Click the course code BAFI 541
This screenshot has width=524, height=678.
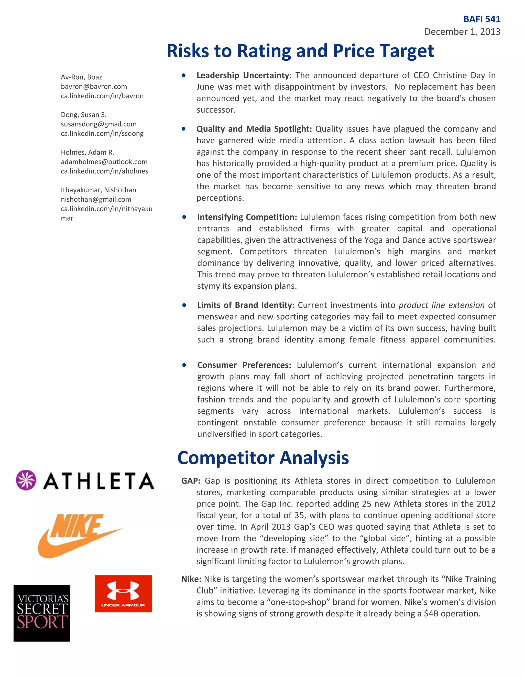pyautogui.click(x=482, y=19)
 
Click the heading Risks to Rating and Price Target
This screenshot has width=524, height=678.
pyautogui.click(x=300, y=51)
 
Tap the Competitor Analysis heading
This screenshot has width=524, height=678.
pyautogui.click(x=263, y=458)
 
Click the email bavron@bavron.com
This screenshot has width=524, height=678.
pyautogui.click(x=94, y=87)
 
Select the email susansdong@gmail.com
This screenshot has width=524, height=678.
pyautogui.click(x=99, y=124)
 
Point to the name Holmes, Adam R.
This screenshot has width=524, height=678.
pyautogui.click(x=88, y=152)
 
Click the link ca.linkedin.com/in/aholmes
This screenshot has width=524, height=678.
pyautogui.click(x=104, y=171)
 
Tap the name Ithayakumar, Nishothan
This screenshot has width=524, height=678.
pyautogui.click(x=99, y=190)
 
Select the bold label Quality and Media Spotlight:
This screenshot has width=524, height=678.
pyautogui.click(x=254, y=129)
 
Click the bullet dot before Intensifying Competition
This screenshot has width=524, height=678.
pyautogui.click(x=184, y=217)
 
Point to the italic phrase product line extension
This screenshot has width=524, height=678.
pyautogui.click(x=441, y=305)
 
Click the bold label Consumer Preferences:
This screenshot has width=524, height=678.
pyautogui.click(x=244, y=365)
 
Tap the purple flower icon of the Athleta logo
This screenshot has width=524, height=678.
pyautogui.click(x=26, y=480)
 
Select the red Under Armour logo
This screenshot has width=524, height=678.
pyautogui.click(x=123, y=594)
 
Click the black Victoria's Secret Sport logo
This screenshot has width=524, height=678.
pyautogui.click(x=42, y=613)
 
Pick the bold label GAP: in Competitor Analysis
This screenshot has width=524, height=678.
pyautogui.click(x=191, y=481)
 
